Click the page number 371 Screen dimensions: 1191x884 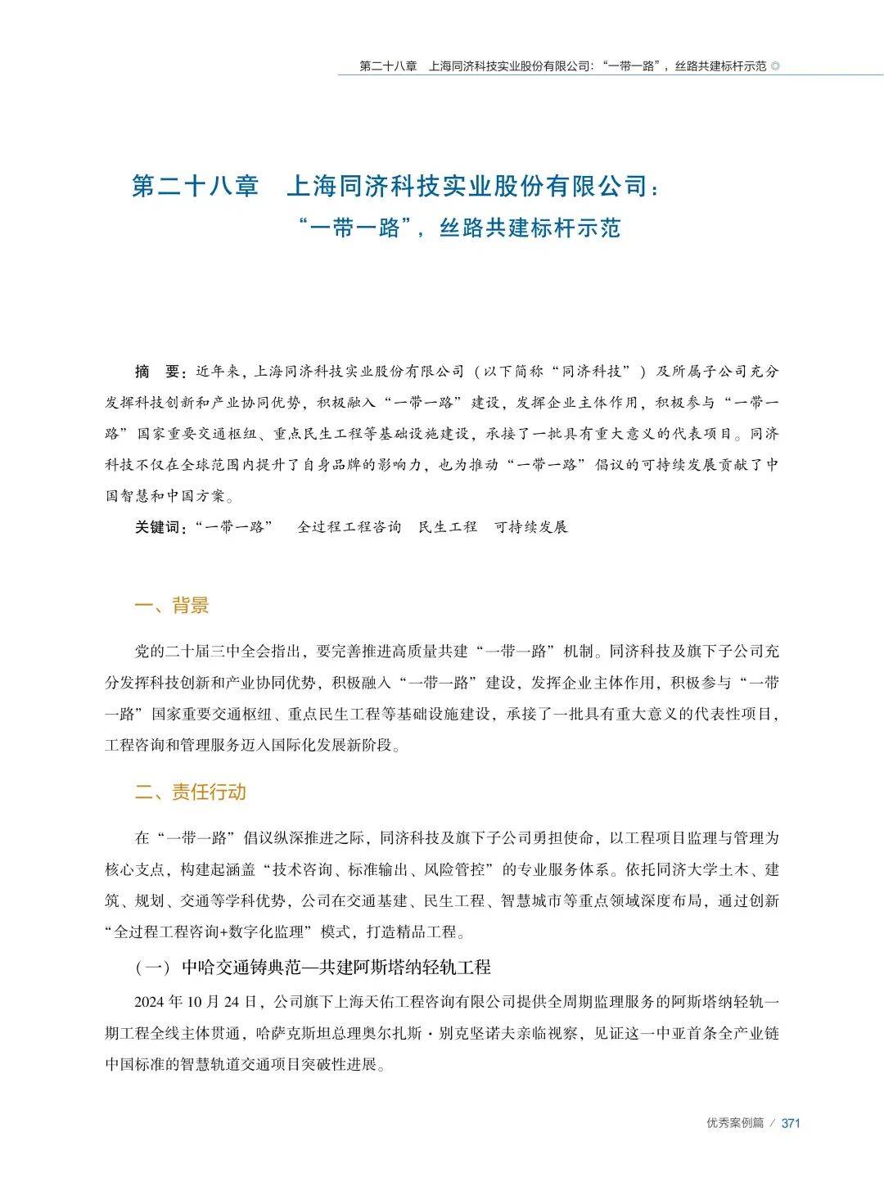pyautogui.click(x=790, y=1123)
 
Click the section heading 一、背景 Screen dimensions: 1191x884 pyautogui.click(x=171, y=606)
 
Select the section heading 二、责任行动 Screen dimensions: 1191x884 pyautogui.click(x=190, y=792)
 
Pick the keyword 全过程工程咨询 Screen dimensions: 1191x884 pyautogui.click(x=349, y=527)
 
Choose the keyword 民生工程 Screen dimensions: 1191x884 pyautogui.click(x=448, y=527)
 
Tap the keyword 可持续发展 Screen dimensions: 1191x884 pyautogui.click(x=531, y=527)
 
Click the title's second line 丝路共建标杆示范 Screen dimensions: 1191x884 pyautogui.click(x=530, y=228)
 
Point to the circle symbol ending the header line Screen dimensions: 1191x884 pyautogui.click(x=775, y=66)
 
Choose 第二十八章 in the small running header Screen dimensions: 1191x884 pyautogui.click(x=389, y=66)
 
